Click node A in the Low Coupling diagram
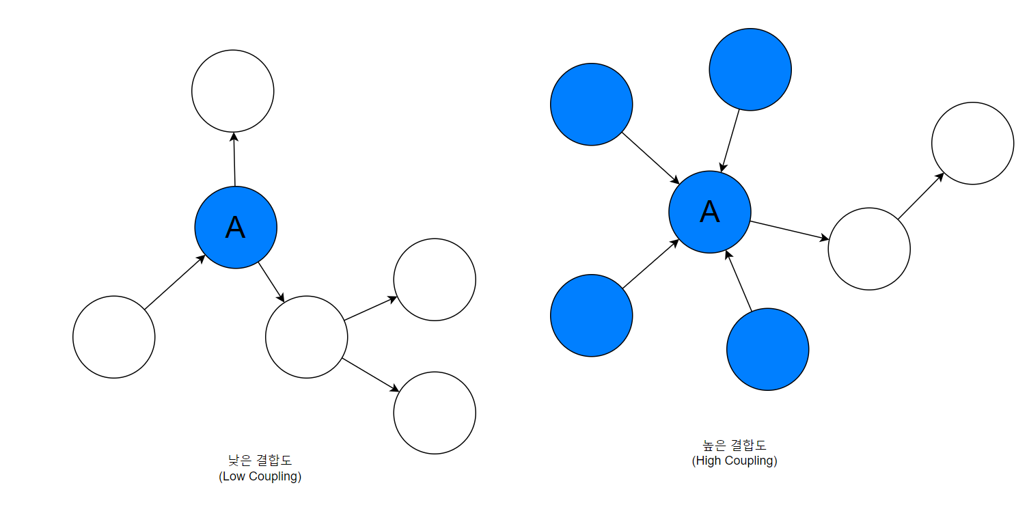coord(236,228)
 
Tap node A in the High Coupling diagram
coord(710,212)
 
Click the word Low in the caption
coord(232,476)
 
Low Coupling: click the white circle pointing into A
coord(114,337)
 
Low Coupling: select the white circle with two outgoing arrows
coord(306,337)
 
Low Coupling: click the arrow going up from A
coord(234,159)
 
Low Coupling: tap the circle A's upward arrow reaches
coord(233,91)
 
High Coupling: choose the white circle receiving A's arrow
coord(869,249)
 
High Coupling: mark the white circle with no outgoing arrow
coord(972,144)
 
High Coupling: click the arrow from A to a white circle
coord(790,230)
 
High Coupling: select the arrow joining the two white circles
coord(921,195)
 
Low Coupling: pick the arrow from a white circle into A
coord(175,282)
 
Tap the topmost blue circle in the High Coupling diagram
coord(750,70)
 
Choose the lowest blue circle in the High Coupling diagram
coord(768,349)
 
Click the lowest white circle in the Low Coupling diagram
coord(435,413)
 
